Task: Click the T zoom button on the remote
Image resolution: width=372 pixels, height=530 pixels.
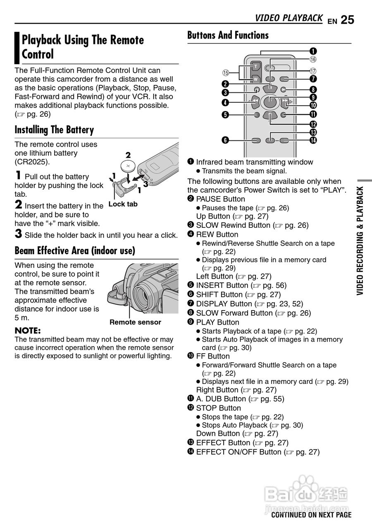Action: coord(255,67)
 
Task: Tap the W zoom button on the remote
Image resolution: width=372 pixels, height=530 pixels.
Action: coord(255,79)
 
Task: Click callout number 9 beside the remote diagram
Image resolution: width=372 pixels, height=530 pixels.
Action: coord(313,97)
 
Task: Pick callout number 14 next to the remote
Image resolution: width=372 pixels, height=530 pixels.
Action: coord(313,140)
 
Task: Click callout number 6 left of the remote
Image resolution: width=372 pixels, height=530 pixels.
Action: coord(225,140)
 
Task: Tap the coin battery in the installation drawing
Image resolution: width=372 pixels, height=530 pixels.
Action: coord(129,166)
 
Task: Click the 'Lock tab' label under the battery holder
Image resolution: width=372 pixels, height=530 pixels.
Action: coord(123,204)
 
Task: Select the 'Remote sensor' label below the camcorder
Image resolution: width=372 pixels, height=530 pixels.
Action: coord(135,322)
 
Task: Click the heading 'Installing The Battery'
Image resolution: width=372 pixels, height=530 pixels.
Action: coord(54,130)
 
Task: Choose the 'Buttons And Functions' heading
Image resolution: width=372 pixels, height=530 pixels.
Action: coord(228,36)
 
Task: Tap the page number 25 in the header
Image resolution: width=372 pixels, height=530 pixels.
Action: coord(348,20)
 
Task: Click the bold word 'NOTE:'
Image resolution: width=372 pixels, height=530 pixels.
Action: coord(27,331)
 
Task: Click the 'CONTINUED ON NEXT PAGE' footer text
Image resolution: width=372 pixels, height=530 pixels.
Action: coord(311,515)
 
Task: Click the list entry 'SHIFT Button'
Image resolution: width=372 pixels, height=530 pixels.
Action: coord(219,295)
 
